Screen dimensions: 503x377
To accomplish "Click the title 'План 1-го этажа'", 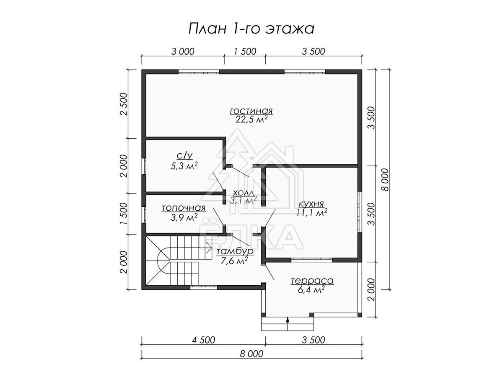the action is [251, 29].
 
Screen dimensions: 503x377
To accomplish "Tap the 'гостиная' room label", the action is [251, 111].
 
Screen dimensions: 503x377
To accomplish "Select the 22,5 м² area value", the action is [251, 119].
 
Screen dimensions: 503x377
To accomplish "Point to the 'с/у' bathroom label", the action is [184, 156].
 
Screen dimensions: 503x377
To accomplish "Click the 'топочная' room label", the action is [184, 208].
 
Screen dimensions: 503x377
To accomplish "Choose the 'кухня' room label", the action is [311, 204].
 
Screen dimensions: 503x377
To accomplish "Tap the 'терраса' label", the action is [312, 281].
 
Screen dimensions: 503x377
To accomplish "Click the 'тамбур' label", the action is [235, 251].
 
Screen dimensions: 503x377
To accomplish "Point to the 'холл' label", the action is [243, 192].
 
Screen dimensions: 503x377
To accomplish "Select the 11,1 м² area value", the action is [312, 213].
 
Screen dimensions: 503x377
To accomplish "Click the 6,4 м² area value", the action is [311, 290].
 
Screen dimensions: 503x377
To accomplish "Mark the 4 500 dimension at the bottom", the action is [203, 340].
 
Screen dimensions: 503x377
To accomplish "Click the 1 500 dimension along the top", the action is [245, 52].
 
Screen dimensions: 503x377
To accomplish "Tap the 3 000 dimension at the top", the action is [183, 52].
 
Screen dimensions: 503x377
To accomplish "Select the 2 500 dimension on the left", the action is [123, 104].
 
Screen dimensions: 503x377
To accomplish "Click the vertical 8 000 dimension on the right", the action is [385, 180].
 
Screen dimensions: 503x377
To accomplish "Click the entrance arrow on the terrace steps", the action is [288, 323].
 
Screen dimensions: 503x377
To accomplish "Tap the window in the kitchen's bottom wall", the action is [312, 260].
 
